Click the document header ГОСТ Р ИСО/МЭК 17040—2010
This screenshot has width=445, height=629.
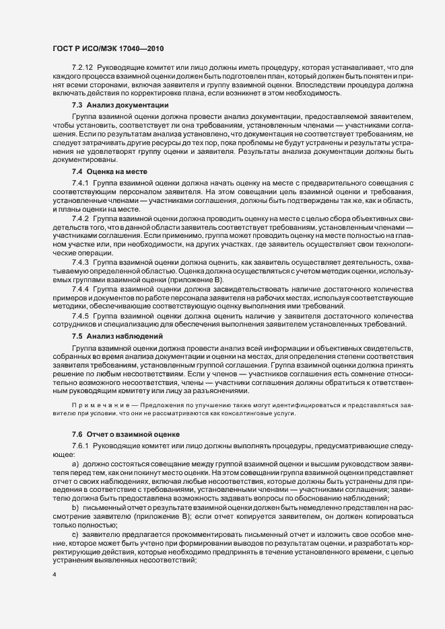107,49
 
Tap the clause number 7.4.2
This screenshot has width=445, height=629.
79,219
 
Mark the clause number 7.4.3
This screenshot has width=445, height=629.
79,261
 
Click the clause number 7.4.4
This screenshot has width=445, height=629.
79,288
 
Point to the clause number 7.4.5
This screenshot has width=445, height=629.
79,314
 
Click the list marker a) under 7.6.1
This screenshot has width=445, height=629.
75,464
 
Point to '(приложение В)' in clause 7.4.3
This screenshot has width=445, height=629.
201,279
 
